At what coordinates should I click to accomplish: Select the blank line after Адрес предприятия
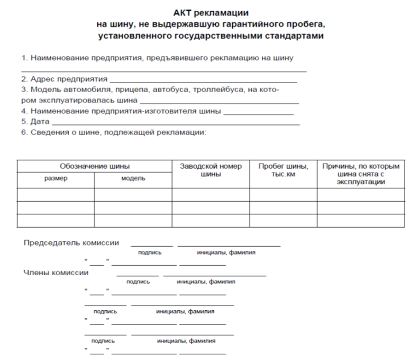click(x=203, y=81)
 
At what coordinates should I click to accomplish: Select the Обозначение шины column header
click(x=95, y=166)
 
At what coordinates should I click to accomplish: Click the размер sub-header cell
click(x=56, y=179)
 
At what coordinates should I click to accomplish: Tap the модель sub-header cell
click(x=133, y=179)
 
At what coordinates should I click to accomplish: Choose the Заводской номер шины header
click(x=211, y=170)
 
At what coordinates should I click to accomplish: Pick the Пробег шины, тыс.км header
click(x=283, y=170)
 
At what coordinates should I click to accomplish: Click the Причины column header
click(x=361, y=174)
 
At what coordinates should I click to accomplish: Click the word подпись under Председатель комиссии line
click(x=150, y=253)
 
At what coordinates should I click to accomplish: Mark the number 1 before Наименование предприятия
click(x=23, y=58)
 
